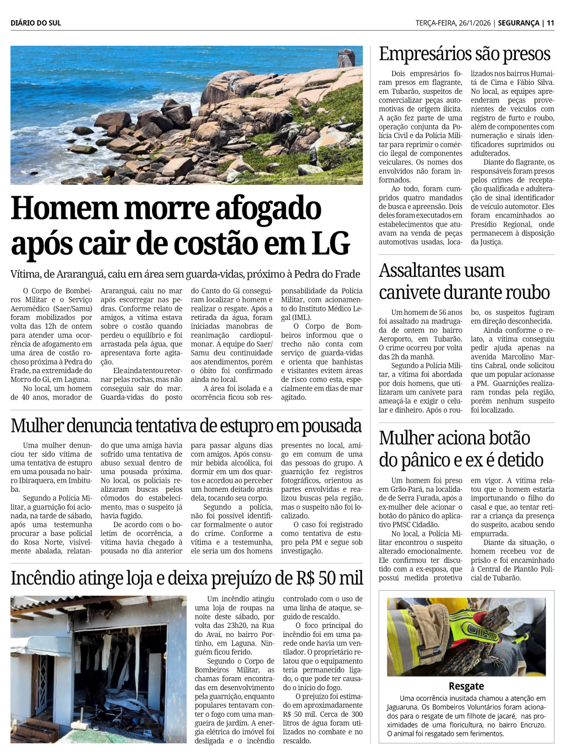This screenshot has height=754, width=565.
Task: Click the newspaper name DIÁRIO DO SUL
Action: [36, 23]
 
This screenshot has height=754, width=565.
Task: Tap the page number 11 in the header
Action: [550, 23]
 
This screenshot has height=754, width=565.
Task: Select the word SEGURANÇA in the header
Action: [519, 23]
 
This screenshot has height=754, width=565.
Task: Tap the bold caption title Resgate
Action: [466, 686]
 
